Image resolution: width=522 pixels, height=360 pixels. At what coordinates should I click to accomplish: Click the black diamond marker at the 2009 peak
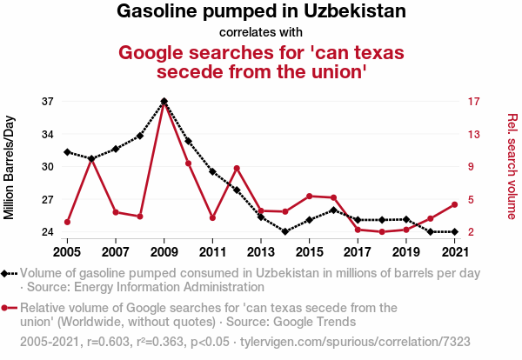coord(164,101)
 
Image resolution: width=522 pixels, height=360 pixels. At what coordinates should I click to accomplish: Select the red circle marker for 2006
coord(91,159)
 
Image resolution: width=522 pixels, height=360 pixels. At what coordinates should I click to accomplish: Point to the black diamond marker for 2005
coord(67,152)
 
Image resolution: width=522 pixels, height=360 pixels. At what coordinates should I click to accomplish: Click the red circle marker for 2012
coord(237,168)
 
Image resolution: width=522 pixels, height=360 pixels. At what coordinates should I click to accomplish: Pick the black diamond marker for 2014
coord(285,231)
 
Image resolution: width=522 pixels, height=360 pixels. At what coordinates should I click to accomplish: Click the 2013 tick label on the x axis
coord(261,252)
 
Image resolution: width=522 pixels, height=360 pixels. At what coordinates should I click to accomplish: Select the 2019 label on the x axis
coord(406,252)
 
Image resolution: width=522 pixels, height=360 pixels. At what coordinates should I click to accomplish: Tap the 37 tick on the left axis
coord(48,102)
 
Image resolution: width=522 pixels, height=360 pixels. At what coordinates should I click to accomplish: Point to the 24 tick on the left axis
coord(48,232)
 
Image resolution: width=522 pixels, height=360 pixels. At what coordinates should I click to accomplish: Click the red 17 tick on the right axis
coord(473,102)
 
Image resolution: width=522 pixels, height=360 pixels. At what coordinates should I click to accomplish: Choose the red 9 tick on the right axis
coord(471,167)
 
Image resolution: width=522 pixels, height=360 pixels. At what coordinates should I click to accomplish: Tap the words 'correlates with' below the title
coord(261,33)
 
